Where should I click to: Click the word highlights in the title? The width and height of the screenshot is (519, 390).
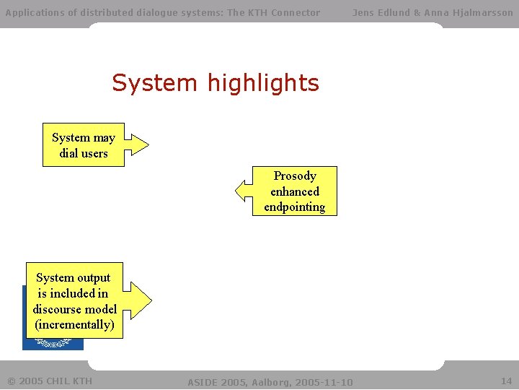262,84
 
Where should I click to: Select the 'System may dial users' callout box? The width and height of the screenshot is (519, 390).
84,145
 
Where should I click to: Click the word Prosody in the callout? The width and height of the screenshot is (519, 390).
295,175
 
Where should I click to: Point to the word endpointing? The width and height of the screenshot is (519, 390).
294,207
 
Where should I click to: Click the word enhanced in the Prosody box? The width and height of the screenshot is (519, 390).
294,191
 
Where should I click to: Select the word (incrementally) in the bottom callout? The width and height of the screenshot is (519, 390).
74,325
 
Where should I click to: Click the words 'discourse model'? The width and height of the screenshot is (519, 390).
74,309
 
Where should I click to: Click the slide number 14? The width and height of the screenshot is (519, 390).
506,381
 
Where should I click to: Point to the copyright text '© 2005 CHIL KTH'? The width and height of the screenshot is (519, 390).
49,381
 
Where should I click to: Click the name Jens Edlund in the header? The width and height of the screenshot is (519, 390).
381,12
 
